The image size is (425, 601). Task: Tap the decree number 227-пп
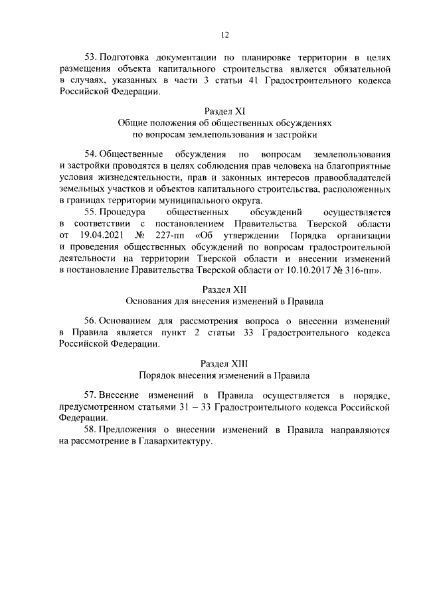170,235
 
